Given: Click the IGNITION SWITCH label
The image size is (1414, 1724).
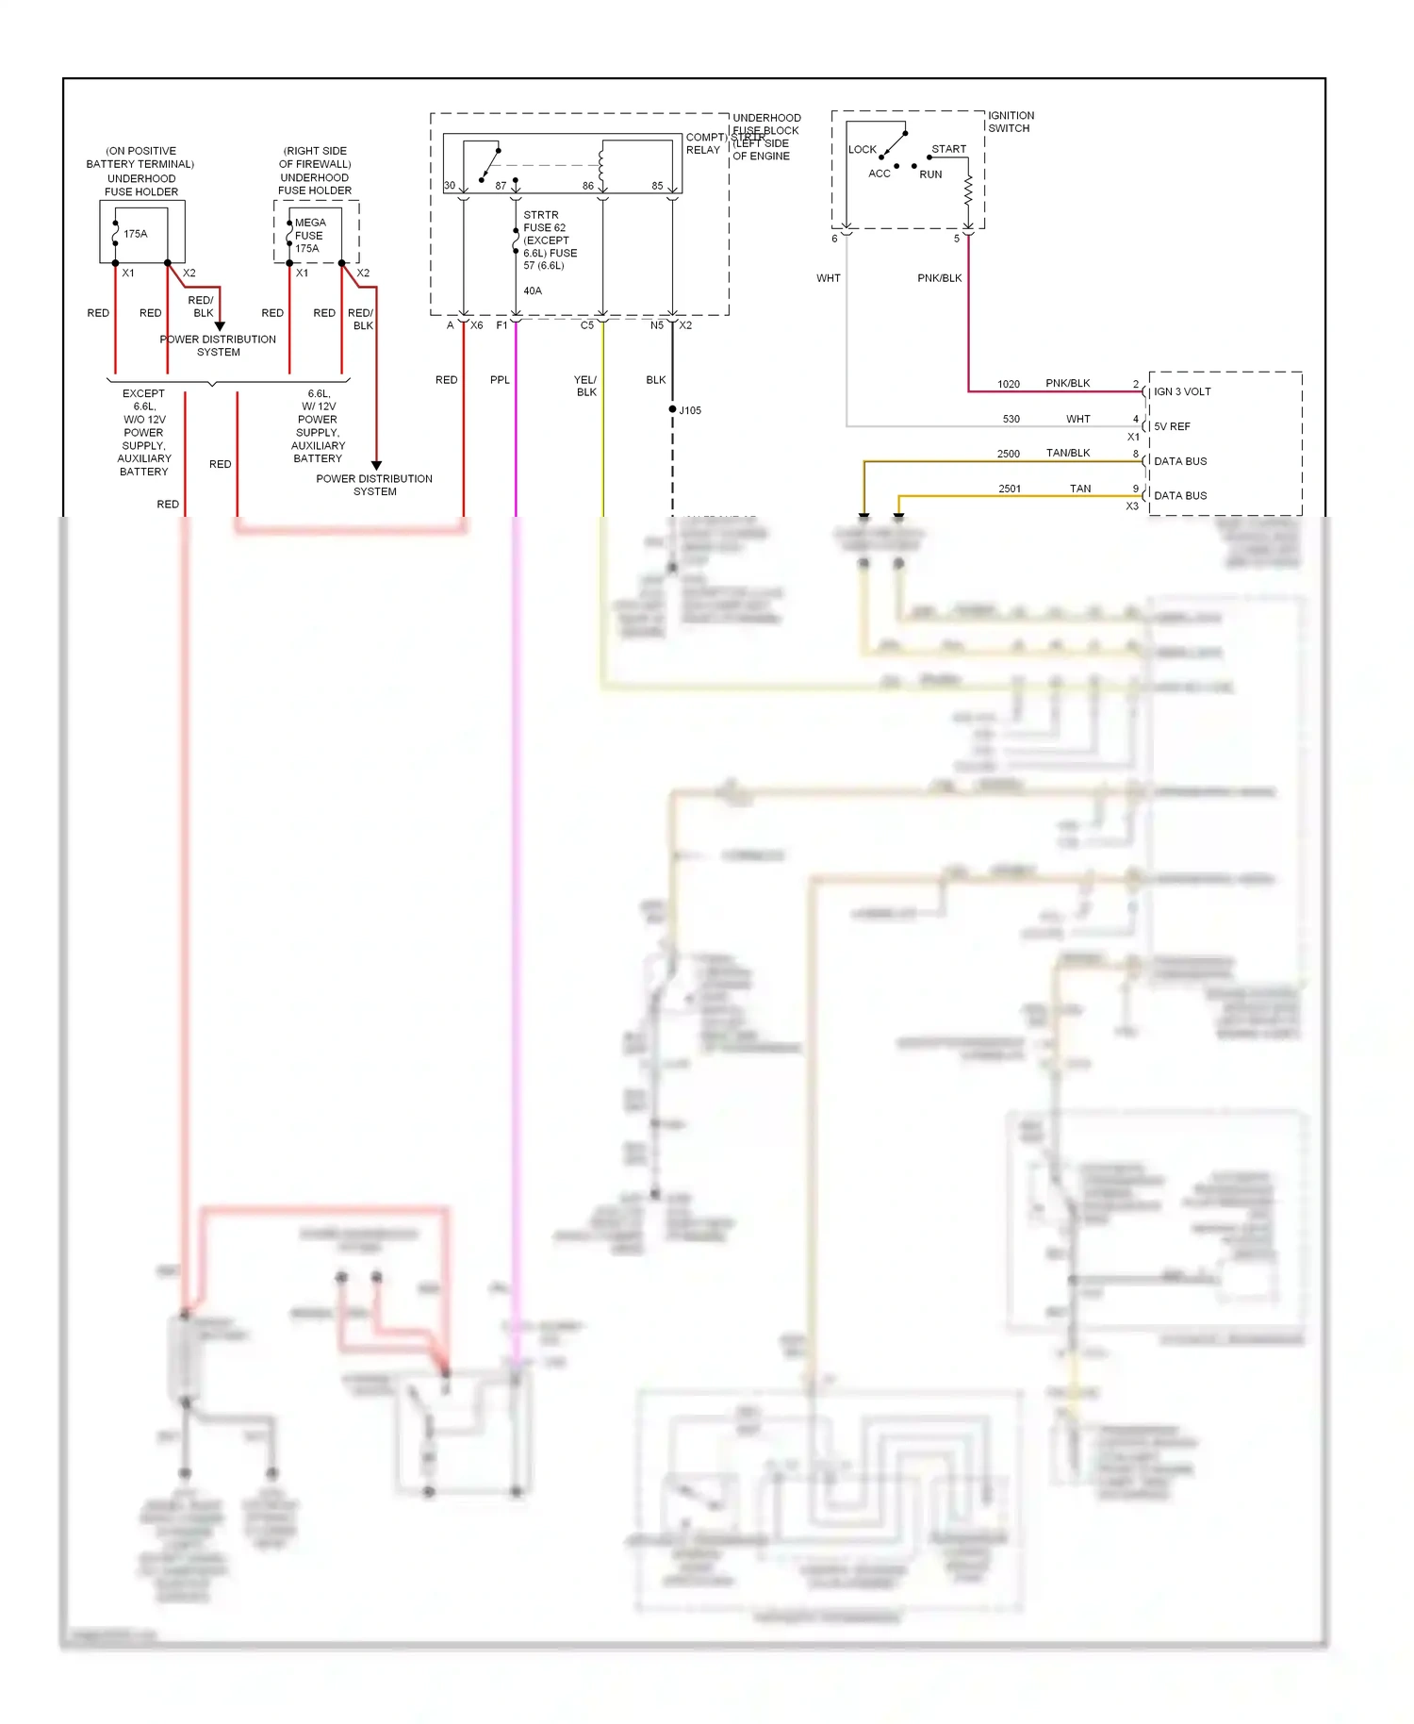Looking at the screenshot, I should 1011,122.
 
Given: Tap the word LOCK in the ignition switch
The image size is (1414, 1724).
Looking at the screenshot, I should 862,149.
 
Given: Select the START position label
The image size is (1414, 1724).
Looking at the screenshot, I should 948,149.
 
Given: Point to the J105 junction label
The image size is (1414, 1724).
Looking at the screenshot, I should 690,410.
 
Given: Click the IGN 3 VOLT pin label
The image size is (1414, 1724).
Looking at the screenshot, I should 1182,391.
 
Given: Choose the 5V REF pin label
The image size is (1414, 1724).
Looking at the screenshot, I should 1172,426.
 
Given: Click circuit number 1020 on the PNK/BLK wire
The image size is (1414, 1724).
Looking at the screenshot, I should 1008,384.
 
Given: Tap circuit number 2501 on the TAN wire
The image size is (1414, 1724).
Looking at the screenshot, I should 1009,489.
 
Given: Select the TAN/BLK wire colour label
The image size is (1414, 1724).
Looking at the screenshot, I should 1067,454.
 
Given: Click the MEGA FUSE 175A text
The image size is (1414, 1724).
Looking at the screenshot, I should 309,236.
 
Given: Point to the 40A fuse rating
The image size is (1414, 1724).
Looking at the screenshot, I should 533,290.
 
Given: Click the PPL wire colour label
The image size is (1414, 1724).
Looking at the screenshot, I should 500,380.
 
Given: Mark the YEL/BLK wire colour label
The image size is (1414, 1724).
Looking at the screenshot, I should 585,386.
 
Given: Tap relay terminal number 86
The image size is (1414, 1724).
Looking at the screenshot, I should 588,186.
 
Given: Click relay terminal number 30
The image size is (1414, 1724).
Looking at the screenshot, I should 450,186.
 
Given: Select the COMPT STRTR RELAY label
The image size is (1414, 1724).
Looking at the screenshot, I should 704,143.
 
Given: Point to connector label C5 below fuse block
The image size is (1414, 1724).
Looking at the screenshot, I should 586,325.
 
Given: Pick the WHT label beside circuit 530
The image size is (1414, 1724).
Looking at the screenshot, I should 1077,419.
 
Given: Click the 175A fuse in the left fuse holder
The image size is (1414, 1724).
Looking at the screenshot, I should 135,234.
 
